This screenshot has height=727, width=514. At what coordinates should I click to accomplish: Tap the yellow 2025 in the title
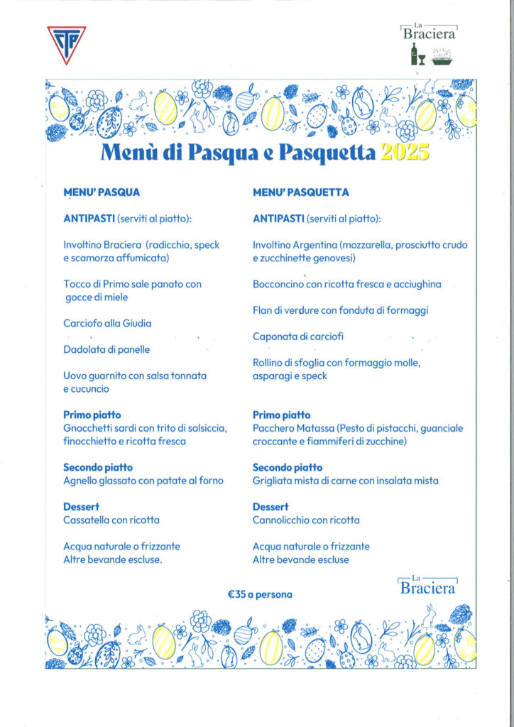click(x=405, y=153)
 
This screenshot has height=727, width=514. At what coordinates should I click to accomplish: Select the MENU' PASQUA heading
click(x=102, y=192)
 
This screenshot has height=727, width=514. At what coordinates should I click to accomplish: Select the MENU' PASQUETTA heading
click(x=301, y=192)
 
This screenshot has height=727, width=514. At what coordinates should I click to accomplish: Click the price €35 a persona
click(x=260, y=594)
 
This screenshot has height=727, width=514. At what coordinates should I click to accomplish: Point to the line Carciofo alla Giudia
click(x=107, y=323)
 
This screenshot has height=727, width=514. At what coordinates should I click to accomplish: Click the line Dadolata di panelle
click(x=106, y=349)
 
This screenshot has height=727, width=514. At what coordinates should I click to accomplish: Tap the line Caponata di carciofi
click(x=298, y=337)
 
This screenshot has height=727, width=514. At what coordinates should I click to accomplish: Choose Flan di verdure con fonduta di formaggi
click(x=340, y=310)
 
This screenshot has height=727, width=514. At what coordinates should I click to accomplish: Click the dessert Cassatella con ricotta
click(x=111, y=520)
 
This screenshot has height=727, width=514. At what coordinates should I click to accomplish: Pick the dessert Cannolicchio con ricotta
click(x=306, y=520)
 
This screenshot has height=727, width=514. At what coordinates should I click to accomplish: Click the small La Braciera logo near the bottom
click(x=427, y=586)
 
